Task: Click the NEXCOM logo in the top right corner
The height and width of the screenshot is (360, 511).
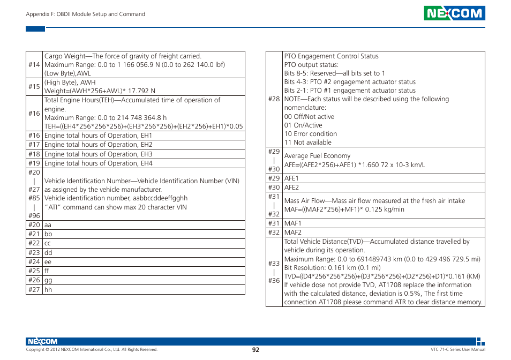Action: coord(454,13)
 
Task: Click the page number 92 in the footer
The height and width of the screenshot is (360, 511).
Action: coord(255,349)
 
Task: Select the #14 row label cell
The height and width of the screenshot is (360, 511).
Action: coord(34,65)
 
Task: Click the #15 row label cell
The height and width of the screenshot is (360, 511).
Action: coord(34,87)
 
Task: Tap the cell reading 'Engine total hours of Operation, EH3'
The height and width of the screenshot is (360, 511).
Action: coord(99,154)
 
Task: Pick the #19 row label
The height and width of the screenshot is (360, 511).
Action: coord(34,163)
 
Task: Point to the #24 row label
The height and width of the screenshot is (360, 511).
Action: coord(34,262)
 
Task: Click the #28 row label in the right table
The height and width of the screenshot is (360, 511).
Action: coord(274,99)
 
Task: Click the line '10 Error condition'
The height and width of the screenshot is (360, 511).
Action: coord(311,134)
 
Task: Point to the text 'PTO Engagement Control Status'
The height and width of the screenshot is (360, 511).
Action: coord(331,56)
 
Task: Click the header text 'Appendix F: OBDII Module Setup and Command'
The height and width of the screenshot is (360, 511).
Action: coord(86,14)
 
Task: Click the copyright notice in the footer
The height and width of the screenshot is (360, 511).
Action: coord(92,349)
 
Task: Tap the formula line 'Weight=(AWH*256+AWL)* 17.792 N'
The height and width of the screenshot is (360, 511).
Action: coord(100,91)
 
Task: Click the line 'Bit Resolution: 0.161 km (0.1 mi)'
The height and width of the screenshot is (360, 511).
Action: coord(332,268)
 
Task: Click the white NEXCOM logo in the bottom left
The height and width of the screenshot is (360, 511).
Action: coord(41,341)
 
